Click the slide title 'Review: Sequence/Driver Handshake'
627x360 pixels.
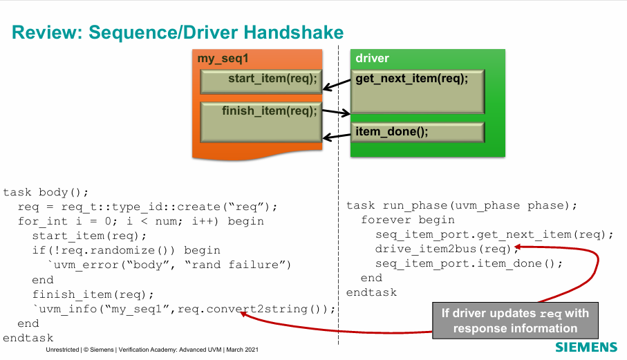point(178,32)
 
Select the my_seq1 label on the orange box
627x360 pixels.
point(223,59)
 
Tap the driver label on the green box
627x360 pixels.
point(373,59)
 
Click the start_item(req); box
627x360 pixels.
point(260,81)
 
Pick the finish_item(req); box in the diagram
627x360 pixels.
point(260,120)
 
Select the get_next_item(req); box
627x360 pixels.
point(417,90)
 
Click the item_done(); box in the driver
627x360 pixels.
point(417,132)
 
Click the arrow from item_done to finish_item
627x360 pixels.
point(337,136)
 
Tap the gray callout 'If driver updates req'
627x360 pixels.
point(515,321)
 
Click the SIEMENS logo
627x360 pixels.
point(586,346)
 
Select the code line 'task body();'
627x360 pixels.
point(46,192)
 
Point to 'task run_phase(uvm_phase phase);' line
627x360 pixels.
point(461,205)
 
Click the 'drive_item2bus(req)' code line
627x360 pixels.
point(442,249)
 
